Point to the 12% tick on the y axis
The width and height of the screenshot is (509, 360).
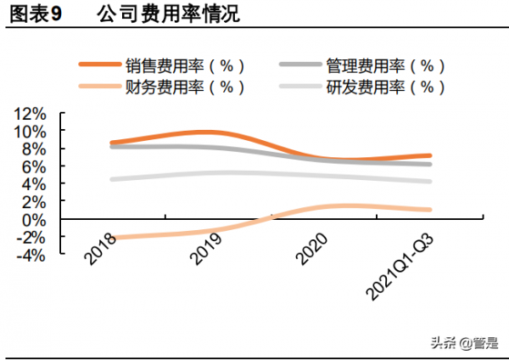(31, 114)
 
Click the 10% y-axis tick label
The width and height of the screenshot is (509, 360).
(31, 132)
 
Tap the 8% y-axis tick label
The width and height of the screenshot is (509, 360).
(35, 149)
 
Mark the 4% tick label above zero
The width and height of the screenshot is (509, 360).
(35, 184)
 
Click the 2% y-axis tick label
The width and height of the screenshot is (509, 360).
(35, 202)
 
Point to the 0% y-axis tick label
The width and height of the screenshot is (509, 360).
(35, 220)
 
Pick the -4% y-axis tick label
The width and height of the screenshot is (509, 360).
(32, 255)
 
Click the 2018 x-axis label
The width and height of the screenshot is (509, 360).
(102, 245)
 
